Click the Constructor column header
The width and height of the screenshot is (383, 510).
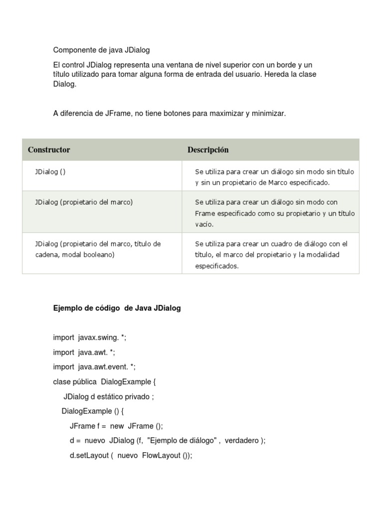[49, 150]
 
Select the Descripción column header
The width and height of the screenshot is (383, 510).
[208, 150]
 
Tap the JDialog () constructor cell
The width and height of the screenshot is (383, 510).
[50, 171]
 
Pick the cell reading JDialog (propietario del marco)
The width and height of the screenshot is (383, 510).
[84, 202]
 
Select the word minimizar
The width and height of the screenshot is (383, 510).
[268, 114]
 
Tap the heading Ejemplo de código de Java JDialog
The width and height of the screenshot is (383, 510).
[117, 308]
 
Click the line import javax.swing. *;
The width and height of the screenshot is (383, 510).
[90, 338]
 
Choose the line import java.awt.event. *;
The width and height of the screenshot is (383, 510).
[94, 367]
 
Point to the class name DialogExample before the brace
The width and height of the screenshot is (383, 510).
[125, 382]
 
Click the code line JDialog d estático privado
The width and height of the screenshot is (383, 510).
[109, 397]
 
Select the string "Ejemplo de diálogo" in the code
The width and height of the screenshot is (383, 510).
[185, 441]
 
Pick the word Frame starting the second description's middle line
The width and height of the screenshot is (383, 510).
[204, 213]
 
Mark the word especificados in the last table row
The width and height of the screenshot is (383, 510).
[217, 266]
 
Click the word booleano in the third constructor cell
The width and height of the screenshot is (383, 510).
[99, 255]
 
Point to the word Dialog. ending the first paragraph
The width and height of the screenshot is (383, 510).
[65, 84]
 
